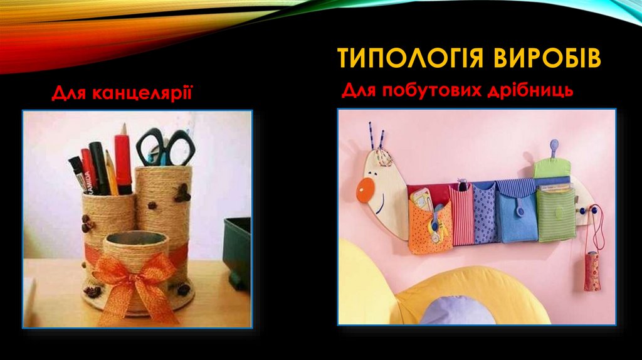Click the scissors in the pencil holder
(166, 148)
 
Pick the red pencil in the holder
(124, 160)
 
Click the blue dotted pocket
(484, 213)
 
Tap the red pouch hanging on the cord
(591, 272)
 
